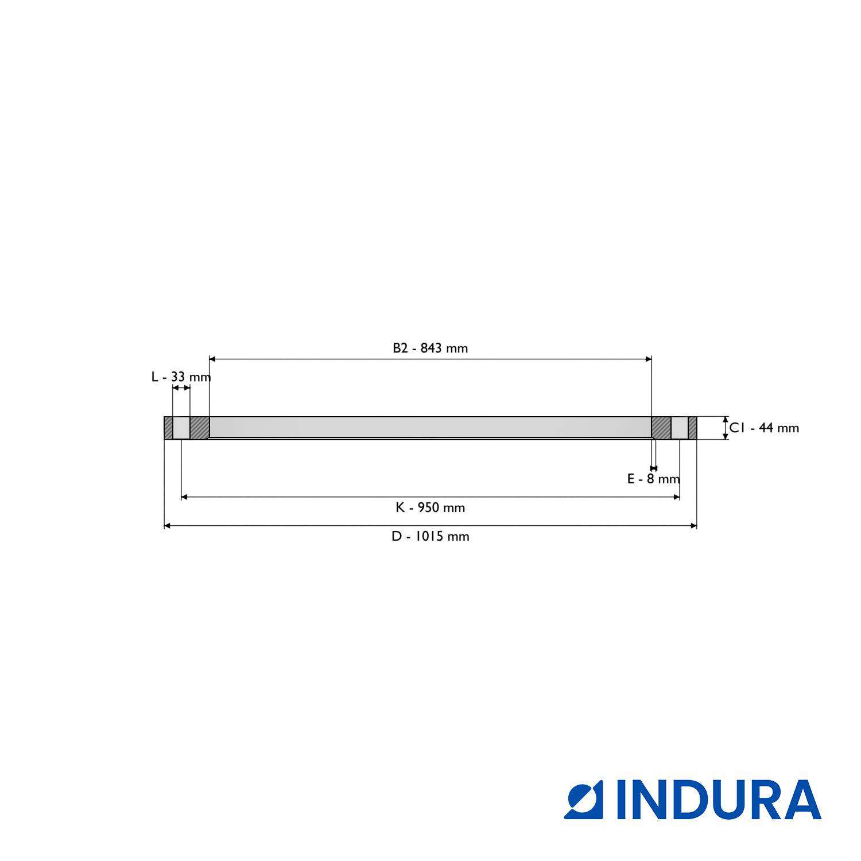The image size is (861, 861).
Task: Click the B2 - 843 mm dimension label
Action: coord(430,348)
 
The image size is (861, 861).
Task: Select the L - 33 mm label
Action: coord(181,377)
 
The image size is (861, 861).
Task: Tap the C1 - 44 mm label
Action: coord(764,428)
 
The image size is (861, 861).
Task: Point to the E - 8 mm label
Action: coord(653,479)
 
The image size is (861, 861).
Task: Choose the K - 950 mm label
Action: coord(430,507)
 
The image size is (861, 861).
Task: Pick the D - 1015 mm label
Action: coord(430,536)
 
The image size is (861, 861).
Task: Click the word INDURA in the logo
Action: coord(719,800)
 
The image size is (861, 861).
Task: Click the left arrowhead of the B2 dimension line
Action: coord(212,359)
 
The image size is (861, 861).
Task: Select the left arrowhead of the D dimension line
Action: coord(167,525)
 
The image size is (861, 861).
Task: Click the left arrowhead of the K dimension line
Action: coord(184,497)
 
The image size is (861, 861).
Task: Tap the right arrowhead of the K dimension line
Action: coord(677,497)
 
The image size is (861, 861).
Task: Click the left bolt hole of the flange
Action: coord(181,428)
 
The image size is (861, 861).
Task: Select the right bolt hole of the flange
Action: coord(680,428)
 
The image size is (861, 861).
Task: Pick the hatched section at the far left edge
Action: coord(168,428)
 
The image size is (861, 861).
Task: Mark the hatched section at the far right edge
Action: coord(693,428)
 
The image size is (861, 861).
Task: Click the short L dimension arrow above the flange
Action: coord(181,388)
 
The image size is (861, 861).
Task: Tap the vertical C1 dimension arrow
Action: coord(726,428)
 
